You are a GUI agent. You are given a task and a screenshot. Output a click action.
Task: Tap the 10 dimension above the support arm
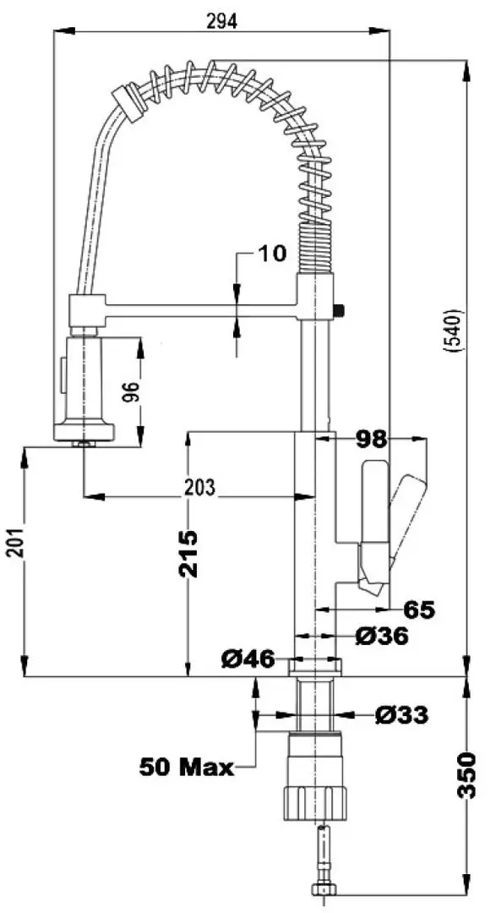coord(272,253)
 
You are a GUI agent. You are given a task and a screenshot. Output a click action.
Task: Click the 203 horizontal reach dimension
coord(199,487)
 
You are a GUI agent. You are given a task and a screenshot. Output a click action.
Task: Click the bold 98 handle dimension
coord(369,440)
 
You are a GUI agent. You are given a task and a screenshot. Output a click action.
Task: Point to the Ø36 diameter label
coord(381,636)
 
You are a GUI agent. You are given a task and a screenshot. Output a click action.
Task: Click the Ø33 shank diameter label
coord(401,715)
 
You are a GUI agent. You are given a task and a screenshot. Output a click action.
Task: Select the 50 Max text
coord(186,768)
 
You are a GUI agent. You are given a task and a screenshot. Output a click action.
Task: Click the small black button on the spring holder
coord(340,310)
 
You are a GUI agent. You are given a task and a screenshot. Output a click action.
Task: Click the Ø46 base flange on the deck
coord(316,667)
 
